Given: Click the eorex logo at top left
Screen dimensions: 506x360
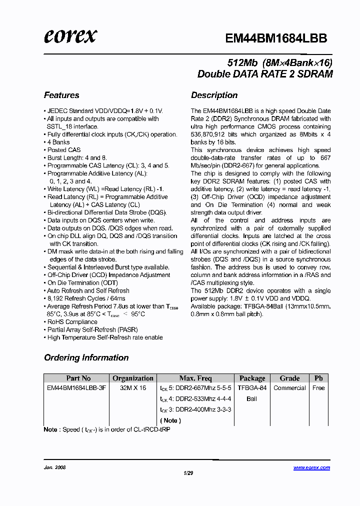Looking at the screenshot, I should pyautogui.click(x=70, y=36).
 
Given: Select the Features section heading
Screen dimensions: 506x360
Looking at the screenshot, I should pyautogui.click(x=61, y=95).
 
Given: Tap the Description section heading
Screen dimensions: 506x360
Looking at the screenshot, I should pyautogui.click(x=214, y=95).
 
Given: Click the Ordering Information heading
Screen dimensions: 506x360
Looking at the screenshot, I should pyautogui.click(x=86, y=357).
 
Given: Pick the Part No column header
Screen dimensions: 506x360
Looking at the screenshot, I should pyautogui.click(x=78, y=378).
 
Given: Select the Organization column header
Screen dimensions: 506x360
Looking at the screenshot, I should pyautogui.click(x=133, y=378).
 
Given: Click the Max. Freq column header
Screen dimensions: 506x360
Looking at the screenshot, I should pyautogui.click(x=195, y=378).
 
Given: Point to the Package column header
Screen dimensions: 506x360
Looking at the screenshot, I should pyautogui.click(x=252, y=378).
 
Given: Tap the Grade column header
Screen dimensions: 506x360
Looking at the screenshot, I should pyautogui.click(x=289, y=378).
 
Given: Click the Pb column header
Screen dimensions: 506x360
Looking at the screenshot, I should pyautogui.click(x=318, y=378).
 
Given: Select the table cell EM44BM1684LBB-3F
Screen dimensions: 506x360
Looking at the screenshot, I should pyautogui.click(x=76, y=388).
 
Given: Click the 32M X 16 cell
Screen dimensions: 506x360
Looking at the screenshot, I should pyautogui.click(x=133, y=388).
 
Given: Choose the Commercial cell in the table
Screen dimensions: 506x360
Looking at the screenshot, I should pyautogui.click(x=289, y=388).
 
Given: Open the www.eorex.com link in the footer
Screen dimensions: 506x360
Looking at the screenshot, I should pyautogui.click(x=311, y=467).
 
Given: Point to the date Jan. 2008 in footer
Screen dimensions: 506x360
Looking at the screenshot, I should pyautogui.click(x=55, y=467).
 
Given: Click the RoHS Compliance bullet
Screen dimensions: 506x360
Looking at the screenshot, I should pyautogui.click(x=72, y=322).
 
